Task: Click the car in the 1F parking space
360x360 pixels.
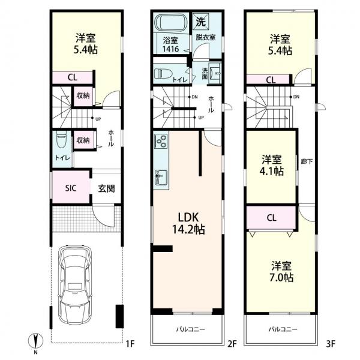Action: [75, 286]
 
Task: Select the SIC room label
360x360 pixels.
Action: [71, 188]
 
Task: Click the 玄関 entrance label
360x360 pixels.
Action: [106, 188]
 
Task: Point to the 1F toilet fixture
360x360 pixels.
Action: [61, 140]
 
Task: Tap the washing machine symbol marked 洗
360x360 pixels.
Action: [200, 22]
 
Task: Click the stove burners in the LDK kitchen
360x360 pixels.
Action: [161, 140]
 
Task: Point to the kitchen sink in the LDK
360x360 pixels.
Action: [161, 178]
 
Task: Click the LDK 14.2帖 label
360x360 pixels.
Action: [188, 223]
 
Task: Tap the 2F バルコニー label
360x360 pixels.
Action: [190, 329]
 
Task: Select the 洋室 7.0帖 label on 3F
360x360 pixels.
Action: [282, 272]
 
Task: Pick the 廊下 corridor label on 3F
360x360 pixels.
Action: [307, 161]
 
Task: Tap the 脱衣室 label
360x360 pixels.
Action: [205, 37]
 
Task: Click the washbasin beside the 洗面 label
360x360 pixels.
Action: [215, 73]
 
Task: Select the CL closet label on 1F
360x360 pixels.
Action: [73, 77]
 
